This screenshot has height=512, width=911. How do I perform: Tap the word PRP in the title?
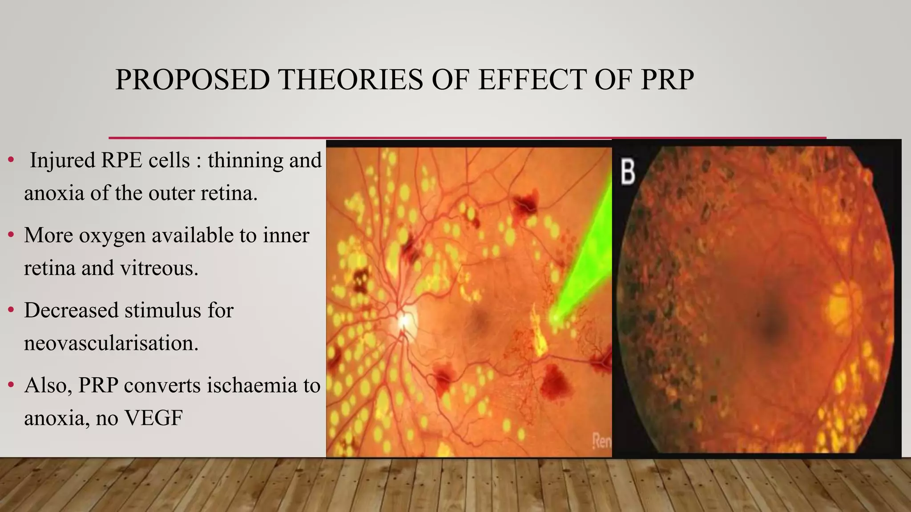(x=667, y=80)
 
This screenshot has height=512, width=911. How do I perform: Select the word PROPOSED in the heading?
(x=192, y=80)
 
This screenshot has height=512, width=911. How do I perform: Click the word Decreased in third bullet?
(x=71, y=310)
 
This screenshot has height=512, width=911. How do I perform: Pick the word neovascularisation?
(x=111, y=343)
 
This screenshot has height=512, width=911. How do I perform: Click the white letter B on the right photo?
(x=628, y=172)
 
